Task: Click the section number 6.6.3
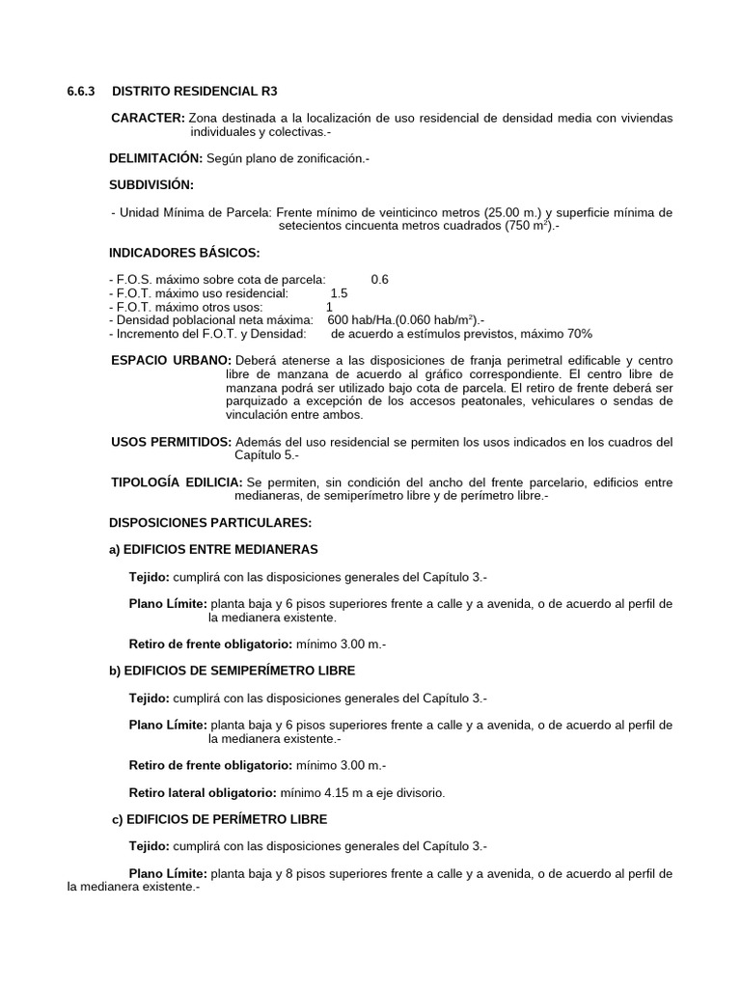pyautogui.click(x=81, y=92)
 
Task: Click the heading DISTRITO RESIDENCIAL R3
pyautogui.click(x=195, y=92)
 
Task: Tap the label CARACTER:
pyautogui.click(x=148, y=118)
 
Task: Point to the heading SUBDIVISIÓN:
pyautogui.click(x=152, y=184)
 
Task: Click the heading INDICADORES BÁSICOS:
pyautogui.click(x=185, y=253)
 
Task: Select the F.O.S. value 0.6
pyautogui.click(x=379, y=280)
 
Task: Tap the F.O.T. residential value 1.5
pyautogui.click(x=339, y=293)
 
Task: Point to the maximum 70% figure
pyautogui.click(x=578, y=334)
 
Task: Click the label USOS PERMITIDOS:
pyautogui.click(x=172, y=442)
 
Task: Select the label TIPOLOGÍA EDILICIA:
pyautogui.click(x=178, y=481)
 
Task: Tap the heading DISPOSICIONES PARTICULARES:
pyautogui.click(x=210, y=522)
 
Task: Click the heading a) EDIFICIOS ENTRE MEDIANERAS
pyautogui.click(x=213, y=549)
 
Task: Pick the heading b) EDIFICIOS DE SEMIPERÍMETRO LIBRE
pyautogui.click(x=232, y=670)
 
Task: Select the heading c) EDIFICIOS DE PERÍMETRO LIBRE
pyautogui.click(x=221, y=819)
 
